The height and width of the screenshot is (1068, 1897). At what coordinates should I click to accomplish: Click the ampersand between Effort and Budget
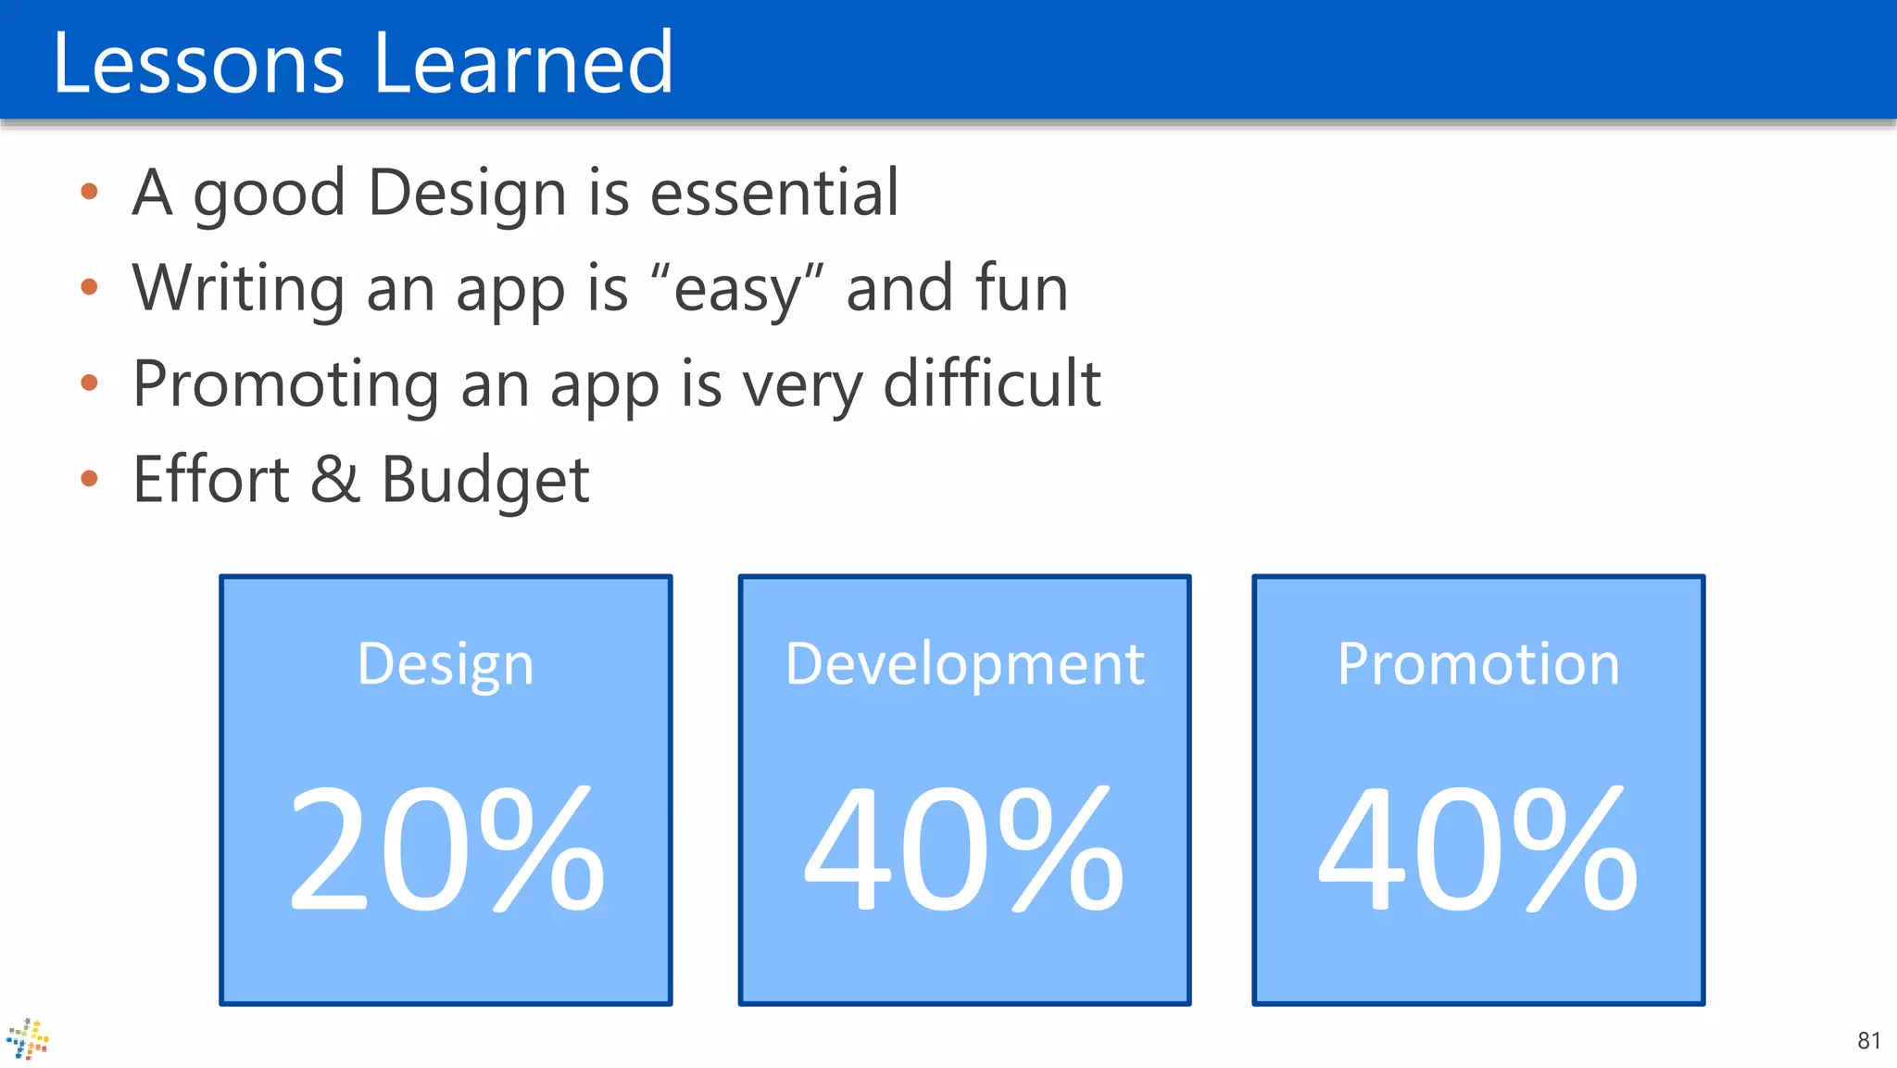[334, 479]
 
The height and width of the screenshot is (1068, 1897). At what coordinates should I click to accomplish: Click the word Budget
[485, 481]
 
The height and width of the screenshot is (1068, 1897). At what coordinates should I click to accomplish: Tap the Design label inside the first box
[446, 664]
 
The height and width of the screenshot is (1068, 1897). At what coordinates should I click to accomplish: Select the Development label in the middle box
[964, 664]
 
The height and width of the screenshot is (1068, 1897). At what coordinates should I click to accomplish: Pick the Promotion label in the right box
[1478, 664]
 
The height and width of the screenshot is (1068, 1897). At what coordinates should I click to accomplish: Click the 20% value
[446, 848]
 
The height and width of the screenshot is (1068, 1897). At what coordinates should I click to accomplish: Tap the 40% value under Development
[964, 848]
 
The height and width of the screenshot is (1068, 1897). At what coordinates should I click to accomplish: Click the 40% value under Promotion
[1478, 848]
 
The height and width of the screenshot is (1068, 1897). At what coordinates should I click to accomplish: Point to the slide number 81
[1868, 1040]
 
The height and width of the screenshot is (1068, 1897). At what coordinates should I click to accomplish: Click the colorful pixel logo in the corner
[28, 1038]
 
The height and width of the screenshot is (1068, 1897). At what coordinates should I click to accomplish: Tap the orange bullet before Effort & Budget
[89, 478]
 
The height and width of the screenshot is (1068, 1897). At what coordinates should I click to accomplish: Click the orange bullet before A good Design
[89, 192]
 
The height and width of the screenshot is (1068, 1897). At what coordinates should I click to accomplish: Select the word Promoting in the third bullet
[285, 384]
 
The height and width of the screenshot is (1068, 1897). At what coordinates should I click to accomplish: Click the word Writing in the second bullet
[238, 289]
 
